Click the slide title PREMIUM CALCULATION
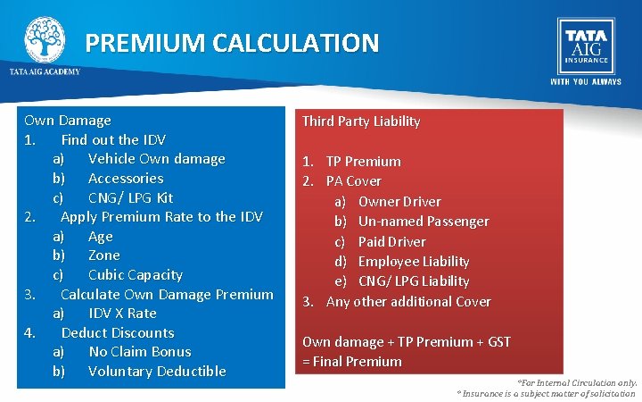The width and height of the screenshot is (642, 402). (232, 43)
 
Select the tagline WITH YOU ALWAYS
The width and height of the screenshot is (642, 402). (585, 82)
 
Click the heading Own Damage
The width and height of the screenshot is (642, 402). (68, 121)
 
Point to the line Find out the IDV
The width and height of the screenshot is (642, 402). (113, 140)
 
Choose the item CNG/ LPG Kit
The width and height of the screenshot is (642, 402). (130, 197)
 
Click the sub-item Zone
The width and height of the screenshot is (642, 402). (103, 255)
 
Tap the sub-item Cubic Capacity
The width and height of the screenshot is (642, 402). (135, 275)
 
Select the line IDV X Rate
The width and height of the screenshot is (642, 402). (122, 314)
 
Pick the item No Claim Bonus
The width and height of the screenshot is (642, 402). (139, 352)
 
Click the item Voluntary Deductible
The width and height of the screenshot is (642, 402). (157, 372)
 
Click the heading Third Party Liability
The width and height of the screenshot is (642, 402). (360, 121)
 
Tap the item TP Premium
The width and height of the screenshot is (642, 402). (363, 162)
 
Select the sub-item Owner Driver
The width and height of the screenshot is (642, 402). (399, 202)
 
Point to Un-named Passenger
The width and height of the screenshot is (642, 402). (423, 222)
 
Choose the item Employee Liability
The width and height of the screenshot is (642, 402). (413, 262)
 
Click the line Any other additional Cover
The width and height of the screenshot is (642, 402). (408, 302)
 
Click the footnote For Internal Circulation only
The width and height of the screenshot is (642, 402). (577, 382)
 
